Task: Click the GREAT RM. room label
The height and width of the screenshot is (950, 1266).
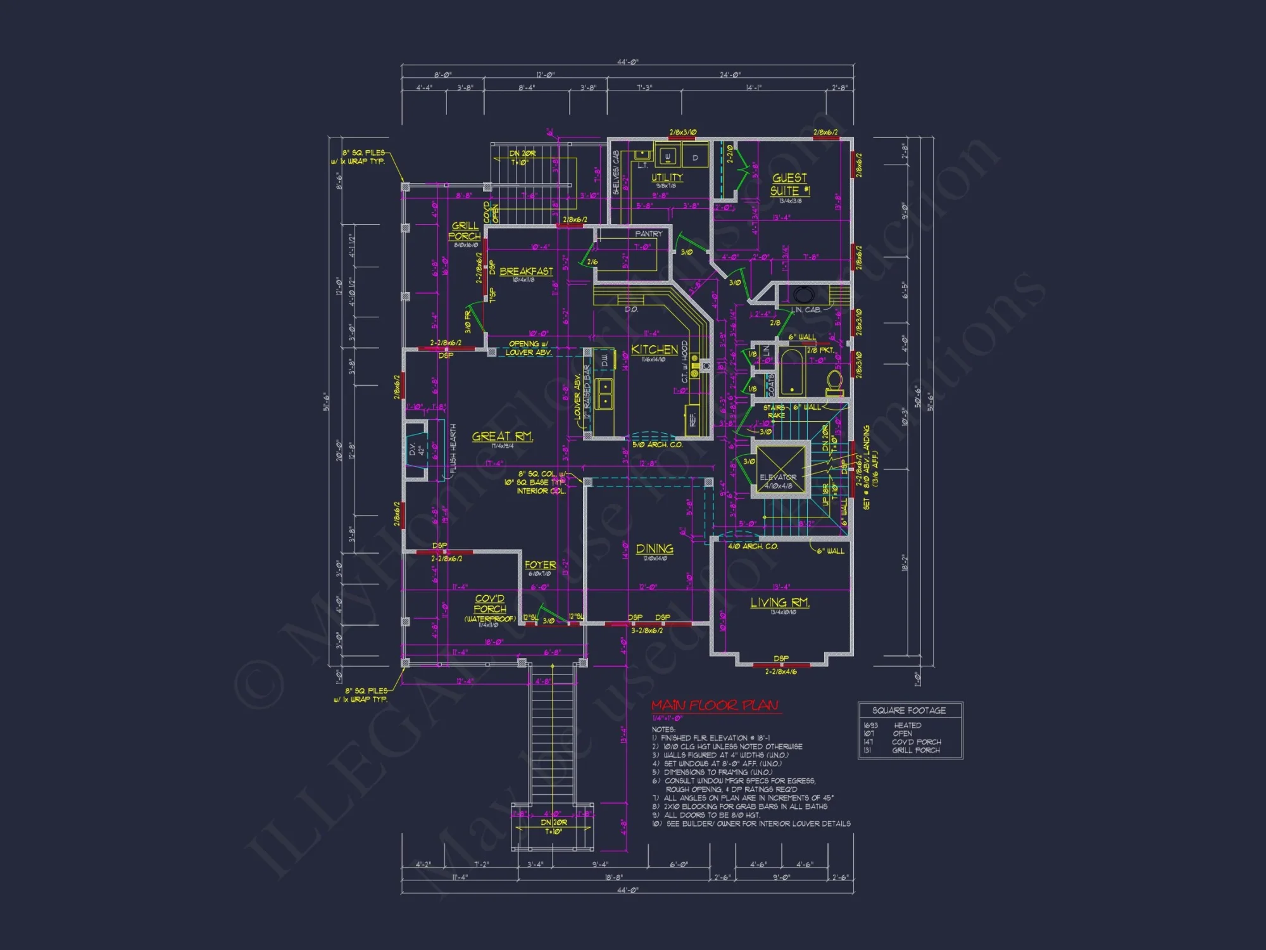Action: coord(503,436)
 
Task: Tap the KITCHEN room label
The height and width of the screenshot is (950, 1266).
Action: coord(655,350)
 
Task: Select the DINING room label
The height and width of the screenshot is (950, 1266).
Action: coord(655,549)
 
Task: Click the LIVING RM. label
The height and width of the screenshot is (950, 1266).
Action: coord(780,602)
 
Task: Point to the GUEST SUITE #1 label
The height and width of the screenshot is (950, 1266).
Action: coord(789,184)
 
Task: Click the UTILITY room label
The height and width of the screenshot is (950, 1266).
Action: coord(667,177)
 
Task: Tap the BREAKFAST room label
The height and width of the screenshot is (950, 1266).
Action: coord(526,271)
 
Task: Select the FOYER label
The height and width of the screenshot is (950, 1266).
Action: coord(540,565)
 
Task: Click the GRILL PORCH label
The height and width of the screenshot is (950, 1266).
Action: coord(465,231)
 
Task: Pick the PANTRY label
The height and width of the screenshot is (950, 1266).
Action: coord(648,234)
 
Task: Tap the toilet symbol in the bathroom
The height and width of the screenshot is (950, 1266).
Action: coord(834,382)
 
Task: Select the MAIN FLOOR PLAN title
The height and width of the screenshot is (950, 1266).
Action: coord(715,706)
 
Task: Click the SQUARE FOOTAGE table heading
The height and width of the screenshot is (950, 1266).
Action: coord(909,711)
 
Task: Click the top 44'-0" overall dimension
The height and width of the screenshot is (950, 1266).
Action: coord(628,62)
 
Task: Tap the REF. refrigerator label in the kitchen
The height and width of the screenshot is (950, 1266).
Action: coord(693,420)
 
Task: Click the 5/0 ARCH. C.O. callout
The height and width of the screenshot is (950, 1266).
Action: coord(657,445)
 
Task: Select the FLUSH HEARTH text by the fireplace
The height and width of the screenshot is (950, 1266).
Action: coord(453,450)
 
